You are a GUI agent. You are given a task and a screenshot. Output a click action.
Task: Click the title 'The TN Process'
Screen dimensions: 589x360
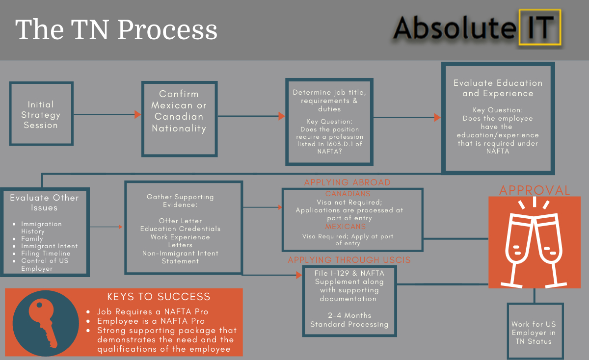click(116, 29)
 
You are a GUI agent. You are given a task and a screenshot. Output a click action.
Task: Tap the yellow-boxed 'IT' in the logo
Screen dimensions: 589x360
click(540, 27)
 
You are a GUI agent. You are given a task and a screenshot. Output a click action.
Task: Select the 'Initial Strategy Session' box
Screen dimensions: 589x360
click(41, 113)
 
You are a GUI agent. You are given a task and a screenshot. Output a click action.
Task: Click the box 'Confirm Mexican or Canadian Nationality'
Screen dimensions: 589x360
click(179, 119)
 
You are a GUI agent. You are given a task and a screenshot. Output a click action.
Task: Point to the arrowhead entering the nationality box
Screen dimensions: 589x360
click(138, 114)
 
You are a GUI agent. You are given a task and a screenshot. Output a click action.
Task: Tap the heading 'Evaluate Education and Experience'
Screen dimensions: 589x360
click(498, 88)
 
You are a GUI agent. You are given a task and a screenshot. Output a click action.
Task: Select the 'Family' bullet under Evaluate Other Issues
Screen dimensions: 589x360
click(32, 238)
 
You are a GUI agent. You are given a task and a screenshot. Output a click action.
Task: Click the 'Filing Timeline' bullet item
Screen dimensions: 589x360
click(46, 253)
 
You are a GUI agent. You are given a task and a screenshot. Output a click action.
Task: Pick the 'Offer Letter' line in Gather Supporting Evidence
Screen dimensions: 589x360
click(181, 221)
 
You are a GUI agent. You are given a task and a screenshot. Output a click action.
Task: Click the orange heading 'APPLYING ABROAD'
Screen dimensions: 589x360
click(348, 182)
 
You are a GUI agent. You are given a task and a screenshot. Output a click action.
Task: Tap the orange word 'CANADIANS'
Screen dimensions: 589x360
click(348, 194)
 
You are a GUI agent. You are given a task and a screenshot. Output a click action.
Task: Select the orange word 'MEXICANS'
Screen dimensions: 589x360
click(345, 227)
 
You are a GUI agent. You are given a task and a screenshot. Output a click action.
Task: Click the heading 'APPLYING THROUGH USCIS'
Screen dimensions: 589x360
click(349, 260)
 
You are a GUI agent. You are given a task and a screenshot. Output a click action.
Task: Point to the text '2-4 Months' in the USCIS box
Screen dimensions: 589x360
click(349, 315)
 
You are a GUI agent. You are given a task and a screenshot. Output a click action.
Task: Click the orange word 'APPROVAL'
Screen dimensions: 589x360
click(535, 190)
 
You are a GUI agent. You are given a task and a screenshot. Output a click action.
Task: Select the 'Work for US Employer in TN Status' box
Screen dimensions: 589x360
click(535, 331)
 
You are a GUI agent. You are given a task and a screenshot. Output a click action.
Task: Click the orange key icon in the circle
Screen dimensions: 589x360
click(43, 323)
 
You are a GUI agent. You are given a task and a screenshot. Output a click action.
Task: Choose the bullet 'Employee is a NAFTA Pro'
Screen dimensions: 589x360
click(151, 321)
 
